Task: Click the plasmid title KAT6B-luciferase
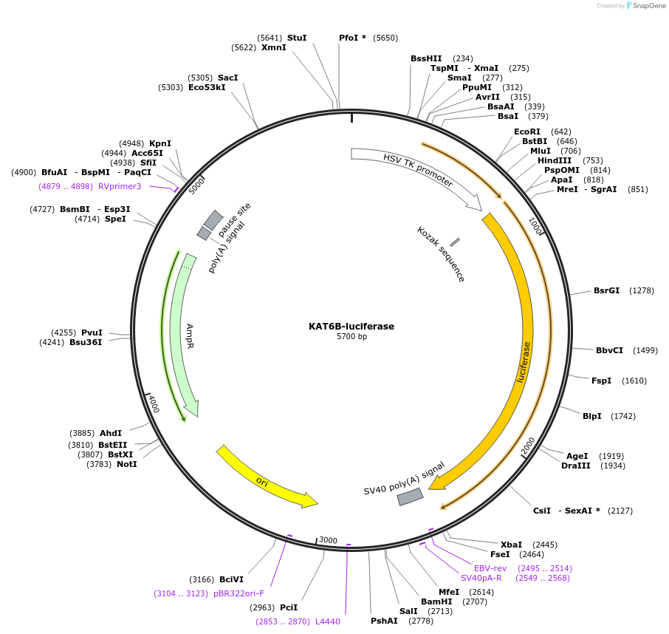[x=351, y=326]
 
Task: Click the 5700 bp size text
[x=351, y=337]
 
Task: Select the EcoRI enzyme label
[x=527, y=132]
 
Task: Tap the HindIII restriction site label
[x=555, y=160]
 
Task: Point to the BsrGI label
[x=606, y=290]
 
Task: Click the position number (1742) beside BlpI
[x=622, y=416]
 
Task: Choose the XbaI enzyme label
[x=511, y=544]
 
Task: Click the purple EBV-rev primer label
[x=490, y=568]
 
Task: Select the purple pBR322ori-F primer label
[x=239, y=593]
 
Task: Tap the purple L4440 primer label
[x=328, y=621]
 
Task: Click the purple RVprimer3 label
[x=120, y=186]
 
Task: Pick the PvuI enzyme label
[x=92, y=333]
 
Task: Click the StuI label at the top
[x=297, y=38]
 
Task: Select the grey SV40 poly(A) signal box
[x=410, y=497]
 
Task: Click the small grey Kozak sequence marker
[x=455, y=242]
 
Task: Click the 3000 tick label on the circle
[x=328, y=540]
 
